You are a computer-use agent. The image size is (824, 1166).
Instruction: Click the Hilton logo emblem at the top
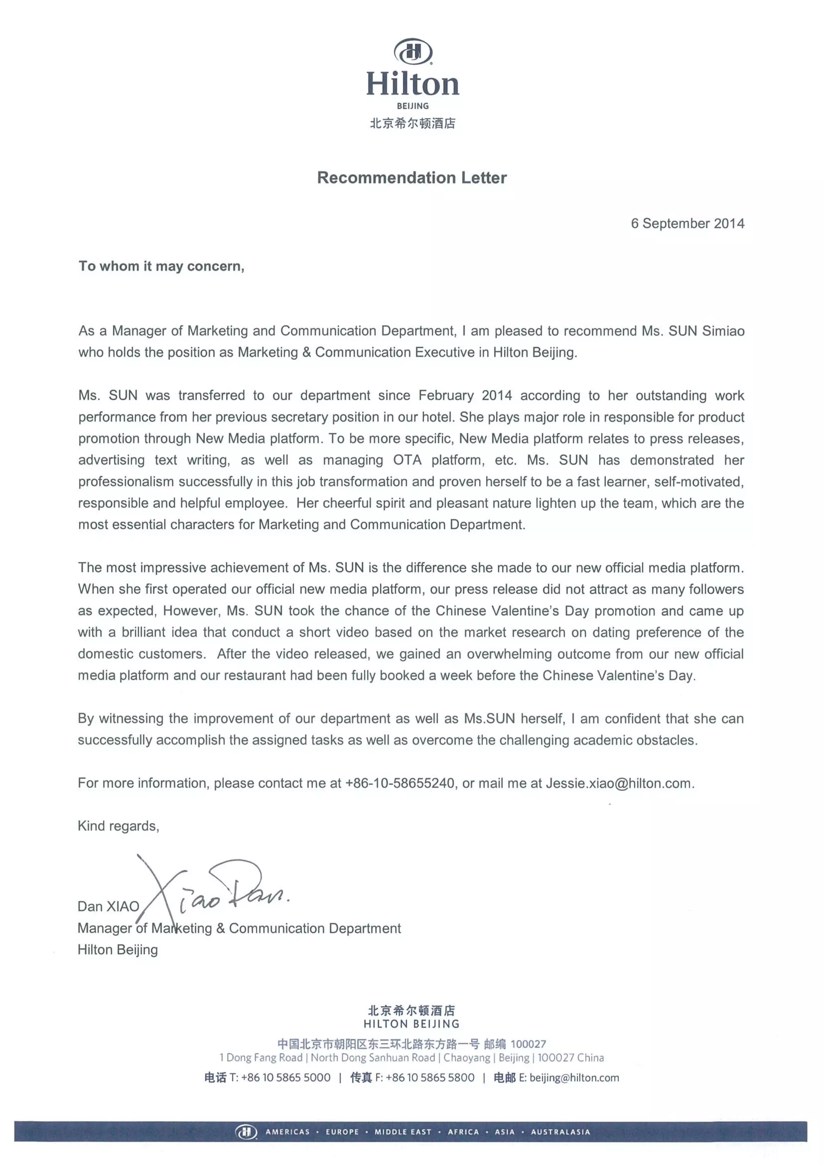(x=412, y=51)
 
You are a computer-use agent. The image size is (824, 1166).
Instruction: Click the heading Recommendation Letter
(x=412, y=178)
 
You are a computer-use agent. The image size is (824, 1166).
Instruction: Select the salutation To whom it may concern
(x=161, y=266)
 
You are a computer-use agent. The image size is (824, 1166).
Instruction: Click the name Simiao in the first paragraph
(x=723, y=331)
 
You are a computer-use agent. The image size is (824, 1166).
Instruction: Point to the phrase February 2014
(x=465, y=396)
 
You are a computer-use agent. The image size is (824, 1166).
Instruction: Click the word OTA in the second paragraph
(x=407, y=460)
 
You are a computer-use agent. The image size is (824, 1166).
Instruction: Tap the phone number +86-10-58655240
(x=400, y=783)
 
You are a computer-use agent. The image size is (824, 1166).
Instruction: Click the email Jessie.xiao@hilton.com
(x=618, y=783)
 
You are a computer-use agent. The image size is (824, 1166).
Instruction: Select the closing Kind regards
(x=118, y=826)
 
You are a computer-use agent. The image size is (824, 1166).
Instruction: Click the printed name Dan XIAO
(x=108, y=906)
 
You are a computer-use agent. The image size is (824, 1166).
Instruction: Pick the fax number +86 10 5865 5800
(x=430, y=1077)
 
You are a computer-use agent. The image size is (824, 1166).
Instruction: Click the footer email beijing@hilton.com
(x=574, y=1077)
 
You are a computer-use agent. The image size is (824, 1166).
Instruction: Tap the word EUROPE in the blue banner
(x=342, y=1132)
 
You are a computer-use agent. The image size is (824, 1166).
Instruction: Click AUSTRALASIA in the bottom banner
(x=560, y=1132)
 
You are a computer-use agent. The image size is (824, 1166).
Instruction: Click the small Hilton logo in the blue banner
(x=246, y=1132)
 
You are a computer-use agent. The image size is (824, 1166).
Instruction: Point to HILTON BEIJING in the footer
(x=411, y=1024)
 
